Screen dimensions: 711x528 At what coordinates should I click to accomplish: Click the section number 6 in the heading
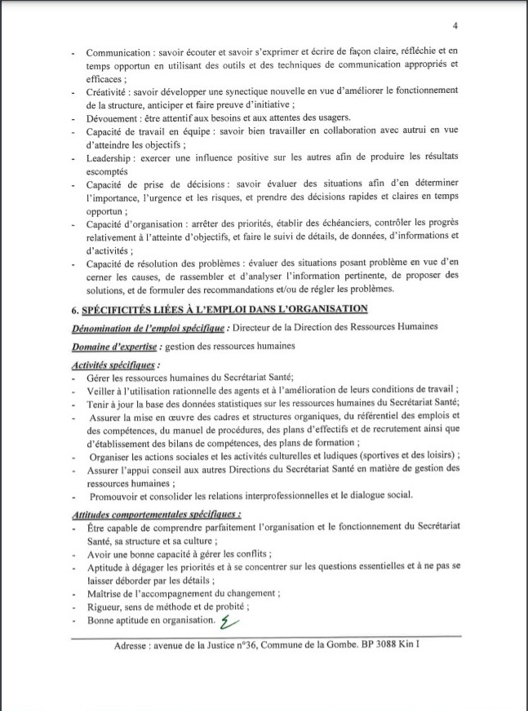(76, 308)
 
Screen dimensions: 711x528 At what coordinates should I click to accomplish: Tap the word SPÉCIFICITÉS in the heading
(118, 308)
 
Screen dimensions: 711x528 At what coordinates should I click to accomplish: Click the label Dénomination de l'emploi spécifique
(146, 327)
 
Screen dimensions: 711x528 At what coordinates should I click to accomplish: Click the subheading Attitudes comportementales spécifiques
(156, 514)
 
